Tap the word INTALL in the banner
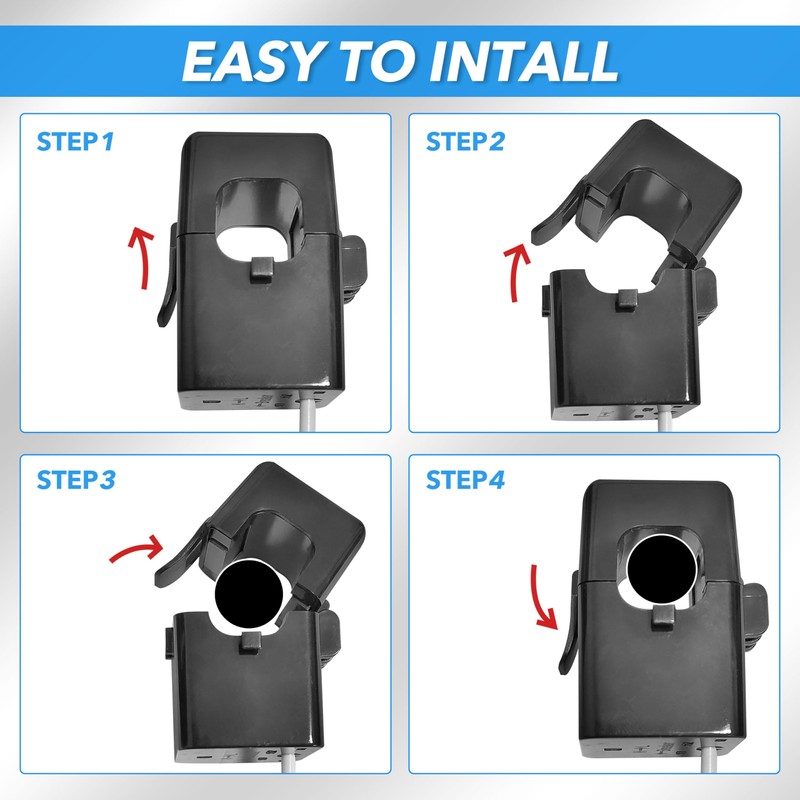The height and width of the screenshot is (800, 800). tap(524, 61)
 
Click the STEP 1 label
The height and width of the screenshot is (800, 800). tap(76, 141)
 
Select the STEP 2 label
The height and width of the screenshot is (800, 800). tap(465, 141)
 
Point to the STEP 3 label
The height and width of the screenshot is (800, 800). tap(76, 480)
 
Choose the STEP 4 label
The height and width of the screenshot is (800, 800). tap(465, 480)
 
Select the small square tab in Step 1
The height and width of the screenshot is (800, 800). tap(262, 269)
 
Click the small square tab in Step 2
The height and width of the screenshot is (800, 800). tap(627, 299)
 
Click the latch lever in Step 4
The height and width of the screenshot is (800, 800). tap(569, 622)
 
